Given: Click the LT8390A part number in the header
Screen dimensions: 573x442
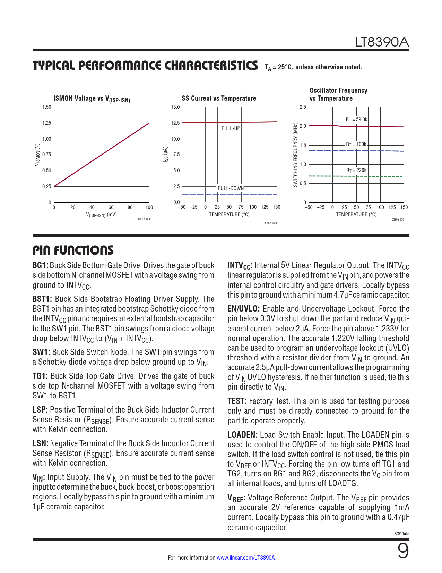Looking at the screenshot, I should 382,42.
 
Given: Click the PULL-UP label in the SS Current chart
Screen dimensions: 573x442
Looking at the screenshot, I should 231,128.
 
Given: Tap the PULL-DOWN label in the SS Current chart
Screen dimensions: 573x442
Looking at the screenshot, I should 231,188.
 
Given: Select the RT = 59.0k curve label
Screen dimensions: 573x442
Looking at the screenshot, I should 356,120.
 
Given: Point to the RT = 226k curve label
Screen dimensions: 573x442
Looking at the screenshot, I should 356,171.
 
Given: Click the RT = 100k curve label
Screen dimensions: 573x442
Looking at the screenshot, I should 356,144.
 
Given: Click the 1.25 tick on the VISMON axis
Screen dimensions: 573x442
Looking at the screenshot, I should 46,123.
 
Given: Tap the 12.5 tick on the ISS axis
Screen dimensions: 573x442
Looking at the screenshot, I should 175,123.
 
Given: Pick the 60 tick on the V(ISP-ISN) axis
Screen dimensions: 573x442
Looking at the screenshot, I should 111,208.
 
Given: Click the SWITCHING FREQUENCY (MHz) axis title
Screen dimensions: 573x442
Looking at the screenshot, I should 296,155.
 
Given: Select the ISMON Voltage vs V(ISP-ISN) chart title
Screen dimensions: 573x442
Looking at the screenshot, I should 92,99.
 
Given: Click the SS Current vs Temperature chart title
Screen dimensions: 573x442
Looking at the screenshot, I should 219,99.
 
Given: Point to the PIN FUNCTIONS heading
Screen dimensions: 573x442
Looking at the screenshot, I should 73,250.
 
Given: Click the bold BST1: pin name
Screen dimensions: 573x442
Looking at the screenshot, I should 42,299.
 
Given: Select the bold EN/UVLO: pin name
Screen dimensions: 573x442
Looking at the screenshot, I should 243,309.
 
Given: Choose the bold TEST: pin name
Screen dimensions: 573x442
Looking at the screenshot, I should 237,401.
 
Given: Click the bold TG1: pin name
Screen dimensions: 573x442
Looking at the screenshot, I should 40,376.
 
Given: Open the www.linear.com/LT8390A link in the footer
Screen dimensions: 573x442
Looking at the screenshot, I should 245,558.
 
